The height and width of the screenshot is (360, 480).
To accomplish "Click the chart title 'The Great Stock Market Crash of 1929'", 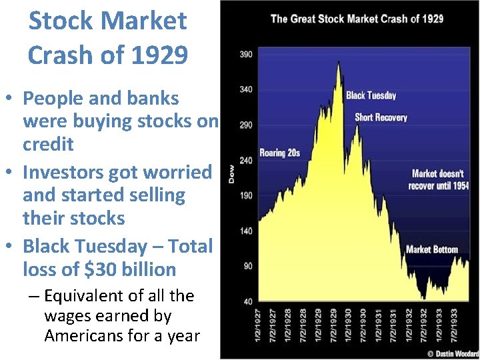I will (357, 19).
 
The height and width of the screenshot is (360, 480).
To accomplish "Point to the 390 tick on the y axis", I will (245, 54).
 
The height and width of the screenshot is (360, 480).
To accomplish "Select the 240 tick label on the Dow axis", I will (245, 160).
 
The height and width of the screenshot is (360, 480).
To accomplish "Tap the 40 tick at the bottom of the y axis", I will (247, 301).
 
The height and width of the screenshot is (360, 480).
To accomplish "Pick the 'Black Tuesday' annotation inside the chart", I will (371, 95).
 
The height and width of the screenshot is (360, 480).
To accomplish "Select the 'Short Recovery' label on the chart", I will (381, 117).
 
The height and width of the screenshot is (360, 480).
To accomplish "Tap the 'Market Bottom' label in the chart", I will (432, 249).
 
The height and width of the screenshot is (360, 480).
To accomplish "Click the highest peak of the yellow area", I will (339, 63).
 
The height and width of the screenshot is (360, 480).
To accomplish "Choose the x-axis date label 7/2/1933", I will (454, 325).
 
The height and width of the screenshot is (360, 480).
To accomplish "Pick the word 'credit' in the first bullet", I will (48, 144).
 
